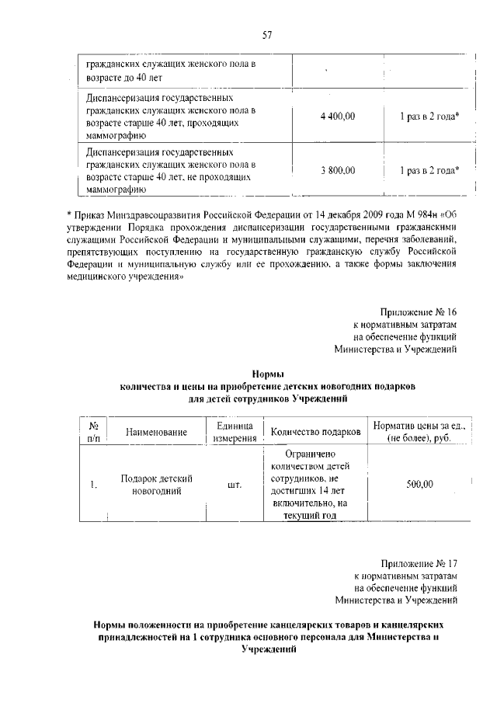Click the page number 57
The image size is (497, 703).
click(266, 35)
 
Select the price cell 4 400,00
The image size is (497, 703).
click(337, 117)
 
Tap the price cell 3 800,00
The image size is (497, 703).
click(337, 169)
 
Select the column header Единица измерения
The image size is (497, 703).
click(234, 431)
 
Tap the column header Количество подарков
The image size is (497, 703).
click(315, 431)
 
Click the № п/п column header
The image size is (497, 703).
click(92, 431)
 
